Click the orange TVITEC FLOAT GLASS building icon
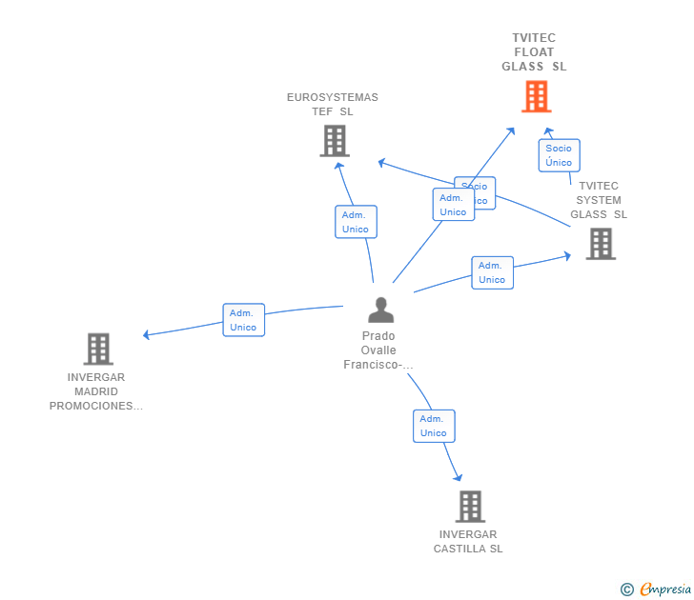[x=536, y=96]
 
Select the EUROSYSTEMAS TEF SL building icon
[x=334, y=141]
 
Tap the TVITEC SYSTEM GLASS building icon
[x=600, y=244]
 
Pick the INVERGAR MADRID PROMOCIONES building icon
[x=98, y=349]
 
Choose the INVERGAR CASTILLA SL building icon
[x=470, y=507]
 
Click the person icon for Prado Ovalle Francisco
[x=380, y=310]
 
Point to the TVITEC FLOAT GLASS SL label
[x=534, y=52]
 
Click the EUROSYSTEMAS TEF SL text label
[x=333, y=104]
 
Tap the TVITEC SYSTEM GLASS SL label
[x=599, y=200]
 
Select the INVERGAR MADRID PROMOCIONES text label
[x=96, y=391]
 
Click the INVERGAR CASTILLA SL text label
[x=468, y=541]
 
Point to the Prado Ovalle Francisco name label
[x=378, y=350]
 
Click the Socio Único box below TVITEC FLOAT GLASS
[x=559, y=155]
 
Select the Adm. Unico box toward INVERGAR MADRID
[x=243, y=320]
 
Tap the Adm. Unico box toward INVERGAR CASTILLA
[x=434, y=426]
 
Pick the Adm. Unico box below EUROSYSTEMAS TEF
[x=356, y=222]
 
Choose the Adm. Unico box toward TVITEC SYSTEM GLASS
[x=492, y=272]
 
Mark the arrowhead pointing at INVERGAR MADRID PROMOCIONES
[x=146, y=334]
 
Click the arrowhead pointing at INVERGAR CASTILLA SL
[x=459, y=477]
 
